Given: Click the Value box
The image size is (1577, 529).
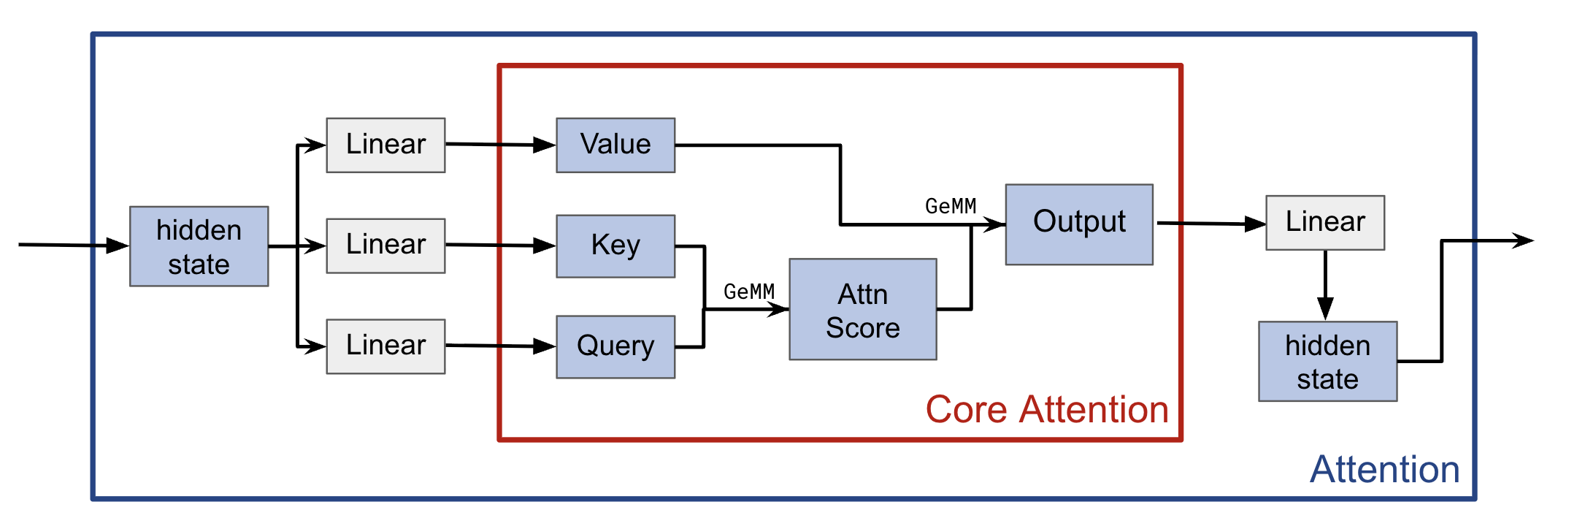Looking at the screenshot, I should coord(615,145).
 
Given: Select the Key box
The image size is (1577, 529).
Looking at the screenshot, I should coord(615,246).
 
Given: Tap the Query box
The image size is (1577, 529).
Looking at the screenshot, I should coord(615,346).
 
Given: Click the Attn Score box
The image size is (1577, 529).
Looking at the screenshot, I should coord(862,309).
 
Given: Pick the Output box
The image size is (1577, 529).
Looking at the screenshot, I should coord(1079,224).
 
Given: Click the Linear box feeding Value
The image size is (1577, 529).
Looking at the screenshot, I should coord(385,145).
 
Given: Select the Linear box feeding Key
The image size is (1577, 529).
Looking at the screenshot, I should coord(385,246).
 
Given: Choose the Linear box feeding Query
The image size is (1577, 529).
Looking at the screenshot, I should coord(385,346).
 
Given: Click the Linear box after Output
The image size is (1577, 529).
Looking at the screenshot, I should coord(1324,222).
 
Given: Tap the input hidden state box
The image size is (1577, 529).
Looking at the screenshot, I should coord(199,246).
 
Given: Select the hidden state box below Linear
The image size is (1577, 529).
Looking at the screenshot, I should coord(1327,361).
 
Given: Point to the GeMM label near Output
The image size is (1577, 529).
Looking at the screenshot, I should coord(950,206).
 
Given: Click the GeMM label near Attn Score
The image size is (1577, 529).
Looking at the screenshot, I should coord(748,292).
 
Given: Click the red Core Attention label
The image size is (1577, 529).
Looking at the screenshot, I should coord(1047,409).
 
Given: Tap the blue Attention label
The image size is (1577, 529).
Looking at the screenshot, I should coord(1384,469).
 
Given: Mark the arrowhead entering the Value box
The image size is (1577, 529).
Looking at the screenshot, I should coord(545,145).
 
